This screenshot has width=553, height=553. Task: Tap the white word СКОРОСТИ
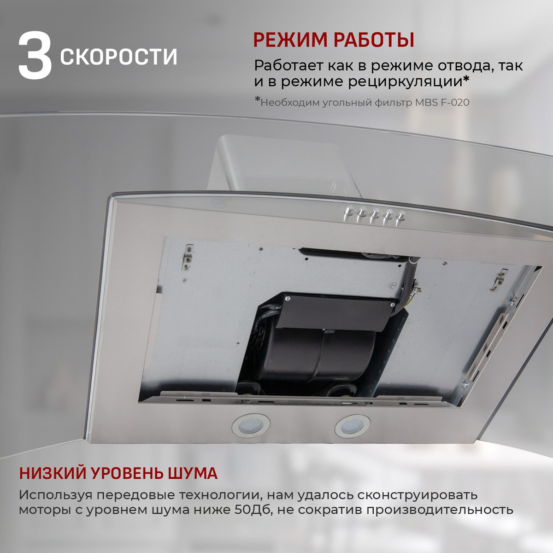pos(118,57)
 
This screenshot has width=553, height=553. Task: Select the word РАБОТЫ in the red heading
pos(374,40)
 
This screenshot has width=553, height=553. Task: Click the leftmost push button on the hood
pos(349,212)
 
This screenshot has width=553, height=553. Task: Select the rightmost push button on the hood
pos(401,216)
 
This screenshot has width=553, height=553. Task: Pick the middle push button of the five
pos(375,214)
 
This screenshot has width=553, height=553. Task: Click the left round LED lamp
pos(251,425)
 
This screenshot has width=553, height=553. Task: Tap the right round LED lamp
pos(352,426)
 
